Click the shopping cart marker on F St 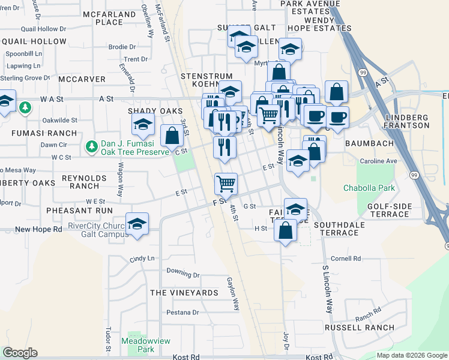(x=226, y=182)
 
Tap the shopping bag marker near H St (x=286, y=230)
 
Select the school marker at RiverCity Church (x=137, y=224)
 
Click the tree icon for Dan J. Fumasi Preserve (x=91, y=146)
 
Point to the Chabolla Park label (x=369, y=188)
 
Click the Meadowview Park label (x=146, y=344)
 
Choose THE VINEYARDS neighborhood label (x=184, y=293)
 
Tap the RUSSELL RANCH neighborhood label (x=360, y=328)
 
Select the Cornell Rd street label (x=345, y=259)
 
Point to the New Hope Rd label (x=38, y=229)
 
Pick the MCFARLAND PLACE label (x=110, y=18)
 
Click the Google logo (x=20, y=353)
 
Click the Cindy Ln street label (x=142, y=259)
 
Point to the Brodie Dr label (x=122, y=47)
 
